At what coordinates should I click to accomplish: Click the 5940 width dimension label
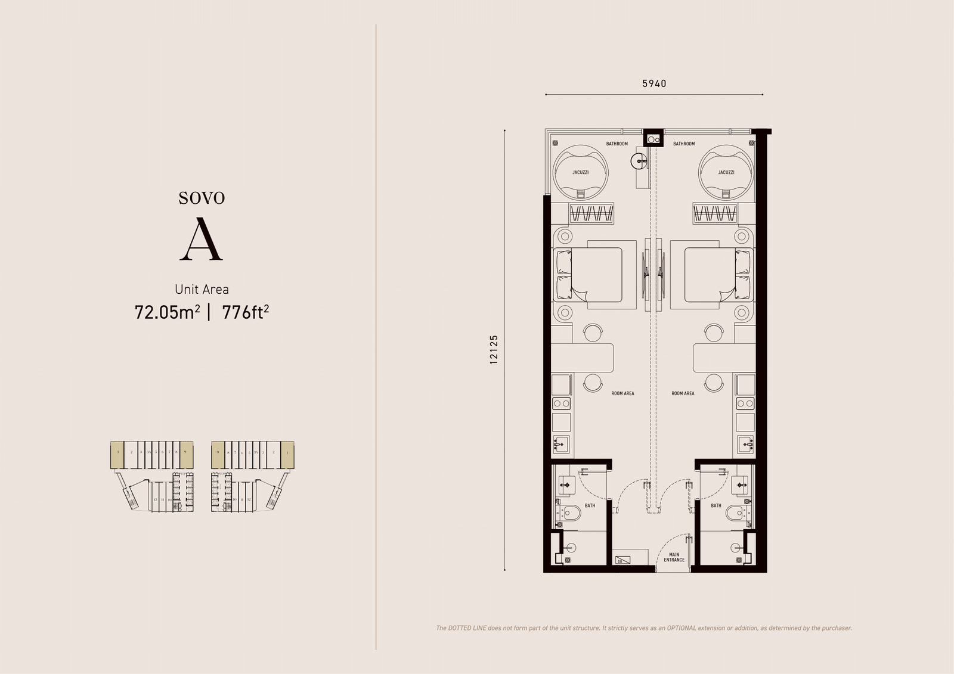point(654,83)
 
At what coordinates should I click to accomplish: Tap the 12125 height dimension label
point(493,350)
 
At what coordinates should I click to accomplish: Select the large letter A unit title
point(202,240)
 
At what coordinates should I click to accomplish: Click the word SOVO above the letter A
point(202,198)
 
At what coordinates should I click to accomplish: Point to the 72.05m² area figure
point(167,312)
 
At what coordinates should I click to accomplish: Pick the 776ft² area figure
point(245,312)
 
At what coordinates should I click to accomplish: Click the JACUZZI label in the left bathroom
point(580,172)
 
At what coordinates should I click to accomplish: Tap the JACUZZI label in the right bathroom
point(726,172)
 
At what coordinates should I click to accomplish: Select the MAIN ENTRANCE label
point(674,557)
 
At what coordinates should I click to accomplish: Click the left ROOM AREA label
point(622,393)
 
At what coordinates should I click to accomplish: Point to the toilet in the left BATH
point(571,512)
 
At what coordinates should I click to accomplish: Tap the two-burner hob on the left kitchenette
point(562,403)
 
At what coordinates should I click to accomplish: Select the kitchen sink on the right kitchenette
point(745,445)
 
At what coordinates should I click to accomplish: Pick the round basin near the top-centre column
point(639,160)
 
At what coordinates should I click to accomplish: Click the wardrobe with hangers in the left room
point(591,213)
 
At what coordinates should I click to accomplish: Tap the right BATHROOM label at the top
point(683,144)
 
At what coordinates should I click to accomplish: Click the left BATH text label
point(590,505)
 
